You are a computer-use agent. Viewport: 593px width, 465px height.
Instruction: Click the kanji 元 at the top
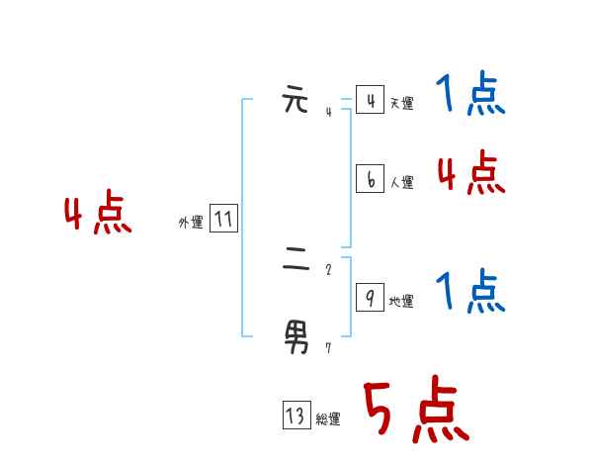click(x=296, y=101)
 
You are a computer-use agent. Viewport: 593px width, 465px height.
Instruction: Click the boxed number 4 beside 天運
click(x=370, y=100)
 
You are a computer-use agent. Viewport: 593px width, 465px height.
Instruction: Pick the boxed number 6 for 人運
click(x=370, y=179)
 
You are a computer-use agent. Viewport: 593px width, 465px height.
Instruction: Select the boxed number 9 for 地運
click(x=370, y=298)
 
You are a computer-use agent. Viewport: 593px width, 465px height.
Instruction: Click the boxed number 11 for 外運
click(x=223, y=219)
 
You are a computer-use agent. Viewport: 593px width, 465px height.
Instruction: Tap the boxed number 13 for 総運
click(x=296, y=416)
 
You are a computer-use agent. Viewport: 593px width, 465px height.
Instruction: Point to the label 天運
click(x=401, y=103)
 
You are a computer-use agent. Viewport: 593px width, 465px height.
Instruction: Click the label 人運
click(x=401, y=182)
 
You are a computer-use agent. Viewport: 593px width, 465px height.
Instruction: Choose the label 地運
click(x=401, y=301)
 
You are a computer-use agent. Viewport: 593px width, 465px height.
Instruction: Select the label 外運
click(x=191, y=223)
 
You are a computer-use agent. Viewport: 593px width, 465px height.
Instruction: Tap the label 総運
click(x=328, y=418)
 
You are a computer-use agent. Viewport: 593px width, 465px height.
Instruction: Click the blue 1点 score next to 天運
click(x=470, y=96)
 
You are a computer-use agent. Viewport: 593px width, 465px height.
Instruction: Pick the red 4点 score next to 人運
click(x=470, y=174)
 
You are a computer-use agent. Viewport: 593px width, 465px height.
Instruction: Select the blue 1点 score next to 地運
click(x=470, y=293)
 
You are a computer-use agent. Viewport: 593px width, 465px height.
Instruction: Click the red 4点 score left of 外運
click(x=98, y=215)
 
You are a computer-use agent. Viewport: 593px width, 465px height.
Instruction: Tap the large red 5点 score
click(x=415, y=411)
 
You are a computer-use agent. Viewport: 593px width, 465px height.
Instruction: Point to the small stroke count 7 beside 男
click(x=328, y=347)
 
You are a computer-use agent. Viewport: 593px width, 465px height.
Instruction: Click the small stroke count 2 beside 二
click(x=328, y=268)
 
